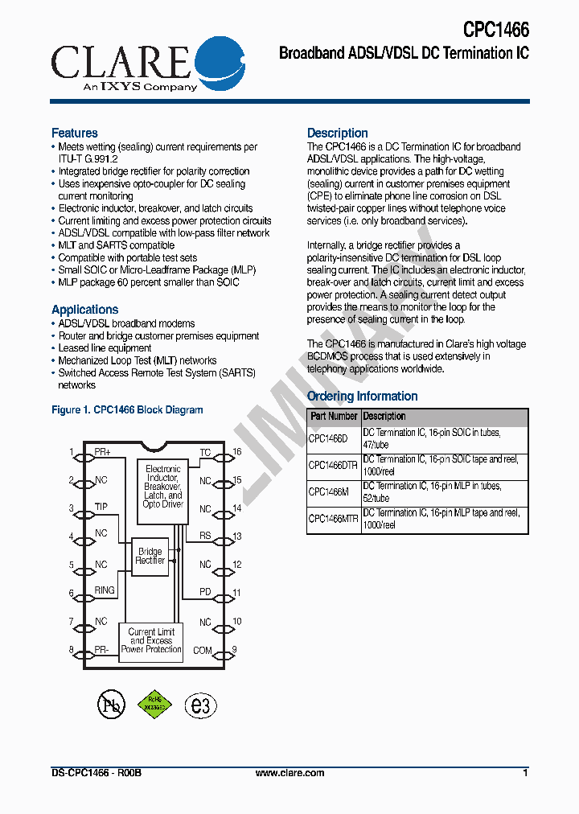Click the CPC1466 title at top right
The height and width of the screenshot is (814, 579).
point(495,30)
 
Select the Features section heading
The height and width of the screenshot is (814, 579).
point(75,133)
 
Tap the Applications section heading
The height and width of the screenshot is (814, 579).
point(84,310)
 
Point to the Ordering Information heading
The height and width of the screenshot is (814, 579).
point(363,397)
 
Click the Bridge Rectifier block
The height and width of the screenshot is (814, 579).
point(150,556)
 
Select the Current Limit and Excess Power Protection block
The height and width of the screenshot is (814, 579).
point(151,641)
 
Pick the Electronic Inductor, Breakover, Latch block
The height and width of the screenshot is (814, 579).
point(163,487)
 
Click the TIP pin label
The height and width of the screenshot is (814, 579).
point(101,508)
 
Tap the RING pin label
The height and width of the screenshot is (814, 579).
point(105,590)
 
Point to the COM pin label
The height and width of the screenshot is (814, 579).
point(203,650)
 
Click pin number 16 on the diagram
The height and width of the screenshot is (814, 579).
point(237,452)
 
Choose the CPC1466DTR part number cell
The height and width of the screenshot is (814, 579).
point(334,466)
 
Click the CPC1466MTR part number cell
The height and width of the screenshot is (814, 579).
point(334,520)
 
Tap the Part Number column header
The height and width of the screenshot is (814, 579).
point(334,417)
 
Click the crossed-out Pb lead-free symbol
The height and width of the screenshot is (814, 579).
point(112,705)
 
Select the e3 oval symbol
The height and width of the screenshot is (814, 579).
point(201,705)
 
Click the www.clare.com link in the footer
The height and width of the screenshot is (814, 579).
point(289,773)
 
